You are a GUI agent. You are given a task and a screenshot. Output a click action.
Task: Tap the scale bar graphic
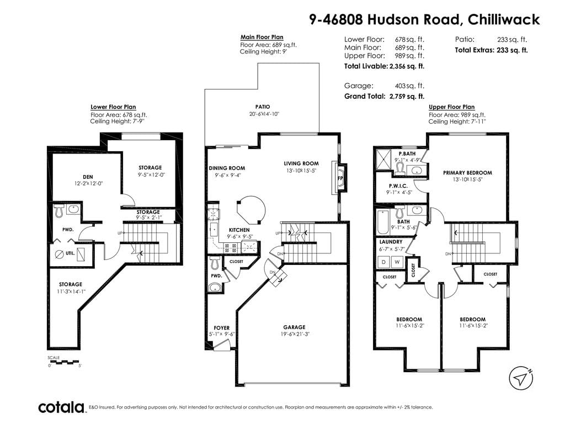tap(63, 361)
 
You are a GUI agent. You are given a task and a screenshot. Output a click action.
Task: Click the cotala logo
tap(61, 407)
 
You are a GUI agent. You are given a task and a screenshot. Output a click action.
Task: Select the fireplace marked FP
tap(340, 178)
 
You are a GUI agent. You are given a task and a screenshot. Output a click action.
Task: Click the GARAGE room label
tap(294, 327)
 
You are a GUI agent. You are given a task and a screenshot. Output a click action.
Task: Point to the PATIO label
tap(262, 107)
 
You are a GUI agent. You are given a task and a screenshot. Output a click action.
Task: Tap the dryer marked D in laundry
tap(383, 262)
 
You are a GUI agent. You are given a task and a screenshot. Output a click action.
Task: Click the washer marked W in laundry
tap(397, 262)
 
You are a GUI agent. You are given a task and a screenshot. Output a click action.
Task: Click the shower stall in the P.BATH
tap(383, 158)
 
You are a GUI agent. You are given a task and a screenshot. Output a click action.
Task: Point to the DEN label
tap(88, 177)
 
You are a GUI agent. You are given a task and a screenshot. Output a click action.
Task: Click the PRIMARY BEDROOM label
tap(467, 173)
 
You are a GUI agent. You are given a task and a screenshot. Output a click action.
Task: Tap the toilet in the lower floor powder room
tap(60, 210)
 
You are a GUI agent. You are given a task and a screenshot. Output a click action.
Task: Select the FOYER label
tap(222, 328)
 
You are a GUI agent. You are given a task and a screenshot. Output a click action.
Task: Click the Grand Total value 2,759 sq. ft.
tap(407, 96)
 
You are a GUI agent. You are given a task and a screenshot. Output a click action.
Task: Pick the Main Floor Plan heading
tap(262, 37)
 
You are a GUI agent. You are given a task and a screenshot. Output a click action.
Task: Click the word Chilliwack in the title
tap(503, 19)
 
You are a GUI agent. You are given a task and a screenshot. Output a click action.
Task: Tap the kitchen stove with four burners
tap(231, 247)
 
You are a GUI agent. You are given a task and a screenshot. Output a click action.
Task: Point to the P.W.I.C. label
tap(398, 186)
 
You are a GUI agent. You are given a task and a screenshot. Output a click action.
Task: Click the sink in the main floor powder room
tap(215, 287)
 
